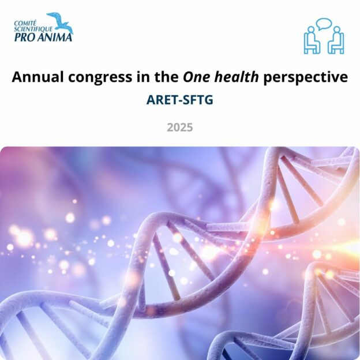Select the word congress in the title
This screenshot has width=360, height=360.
click(x=100, y=78)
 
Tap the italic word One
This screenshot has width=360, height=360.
click(x=197, y=77)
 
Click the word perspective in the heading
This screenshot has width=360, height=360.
click(x=306, y=78)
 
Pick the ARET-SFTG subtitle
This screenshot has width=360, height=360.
click(x=180, y=100)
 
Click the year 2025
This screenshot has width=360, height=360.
click(x=180, y=127)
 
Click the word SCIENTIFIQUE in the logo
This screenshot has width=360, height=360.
click(x=33, y=29)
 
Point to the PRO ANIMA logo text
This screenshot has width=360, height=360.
click(x=43, y=37)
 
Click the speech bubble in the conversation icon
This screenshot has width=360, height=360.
click(x=324, y=24)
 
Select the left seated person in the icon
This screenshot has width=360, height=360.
click(x=312, y=40)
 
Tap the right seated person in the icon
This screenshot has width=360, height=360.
click(x=336, y=40)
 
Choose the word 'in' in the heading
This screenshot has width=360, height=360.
click(x=143, y=77)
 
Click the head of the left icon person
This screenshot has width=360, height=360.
click(x=310, y=30)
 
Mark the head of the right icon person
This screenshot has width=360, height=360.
click(x=337, y=30)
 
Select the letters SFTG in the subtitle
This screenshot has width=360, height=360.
click(x=198, y=100)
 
